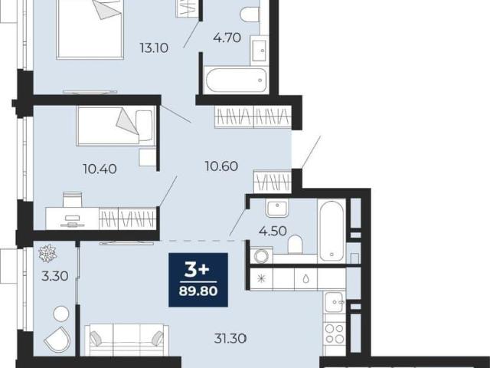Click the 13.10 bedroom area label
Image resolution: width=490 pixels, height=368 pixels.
(x=154, y=48)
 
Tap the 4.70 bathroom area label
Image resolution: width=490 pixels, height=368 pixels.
(x=227, y=38)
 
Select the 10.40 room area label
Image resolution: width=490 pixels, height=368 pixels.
(x=100, y=169)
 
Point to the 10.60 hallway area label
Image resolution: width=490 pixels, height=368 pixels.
(x=221, y=166)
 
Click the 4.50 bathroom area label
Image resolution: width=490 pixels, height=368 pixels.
(x=273, y=232)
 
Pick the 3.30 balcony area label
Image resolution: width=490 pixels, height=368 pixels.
(x=55, y=276)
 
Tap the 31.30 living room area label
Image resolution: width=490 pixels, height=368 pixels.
(x=230, y=338)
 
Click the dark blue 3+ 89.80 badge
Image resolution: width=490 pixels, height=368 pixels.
(x=198, y=280)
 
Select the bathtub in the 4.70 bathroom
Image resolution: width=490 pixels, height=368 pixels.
(x=237, y=80)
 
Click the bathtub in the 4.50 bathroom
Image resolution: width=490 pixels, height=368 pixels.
(x=332, y=231)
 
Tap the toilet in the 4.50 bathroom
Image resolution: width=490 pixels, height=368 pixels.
(x=295, y=244)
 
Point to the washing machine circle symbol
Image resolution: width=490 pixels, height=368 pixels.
(x=261, y=256)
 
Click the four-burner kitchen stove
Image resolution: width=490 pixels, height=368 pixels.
(x=335, y=333)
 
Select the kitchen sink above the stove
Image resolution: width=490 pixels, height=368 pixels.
(x=335, y=302)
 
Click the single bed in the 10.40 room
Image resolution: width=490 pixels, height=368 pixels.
(x=116, y=126)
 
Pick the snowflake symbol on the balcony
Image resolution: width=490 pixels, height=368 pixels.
(x=47, y=253)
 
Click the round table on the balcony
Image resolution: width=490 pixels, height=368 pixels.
(x=61, y=314)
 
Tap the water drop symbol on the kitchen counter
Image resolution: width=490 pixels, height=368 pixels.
(x=306, y=279)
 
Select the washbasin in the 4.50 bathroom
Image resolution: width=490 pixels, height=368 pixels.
(x=276, y=209)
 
